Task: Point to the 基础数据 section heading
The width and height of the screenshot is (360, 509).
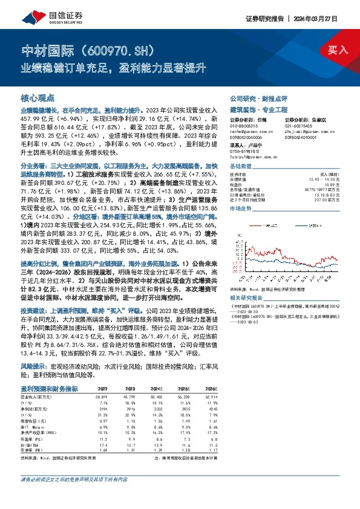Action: tap(240, 166)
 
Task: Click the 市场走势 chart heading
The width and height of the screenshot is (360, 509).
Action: tap(240, 207)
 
